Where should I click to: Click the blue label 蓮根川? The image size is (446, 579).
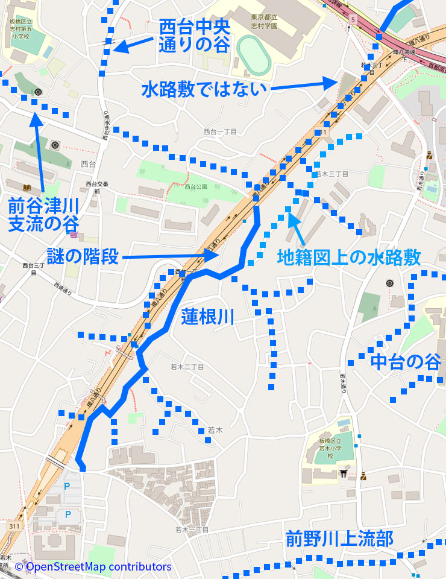207,317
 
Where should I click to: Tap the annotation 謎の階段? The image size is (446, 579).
83,256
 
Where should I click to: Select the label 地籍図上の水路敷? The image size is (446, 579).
349,258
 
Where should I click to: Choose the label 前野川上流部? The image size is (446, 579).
339,538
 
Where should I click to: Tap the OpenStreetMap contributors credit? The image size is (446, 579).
93,567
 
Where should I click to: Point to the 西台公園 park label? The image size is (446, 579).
196,187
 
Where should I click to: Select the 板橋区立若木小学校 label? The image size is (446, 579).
330,449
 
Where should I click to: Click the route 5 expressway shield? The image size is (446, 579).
351,21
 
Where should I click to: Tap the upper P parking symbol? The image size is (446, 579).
68,486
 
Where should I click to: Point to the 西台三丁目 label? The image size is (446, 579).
33,268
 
